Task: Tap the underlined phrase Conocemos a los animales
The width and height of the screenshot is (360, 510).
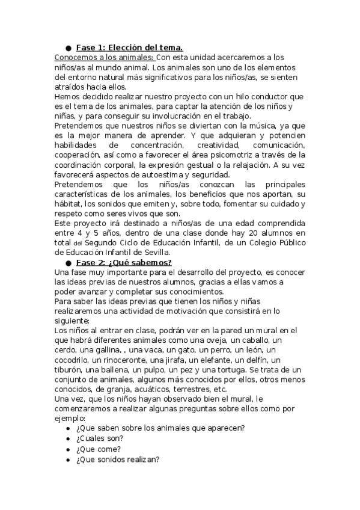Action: [105, 58]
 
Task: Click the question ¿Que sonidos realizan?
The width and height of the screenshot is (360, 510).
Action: [117, 459]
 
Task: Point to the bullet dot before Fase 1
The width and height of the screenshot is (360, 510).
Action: [69, 48]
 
